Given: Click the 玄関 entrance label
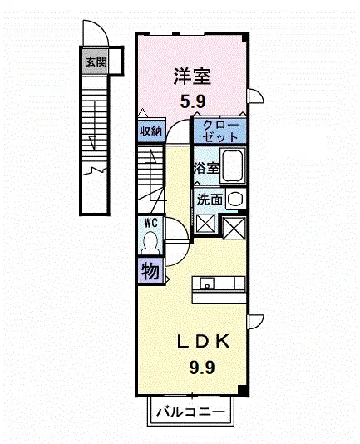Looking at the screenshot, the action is [96, 62].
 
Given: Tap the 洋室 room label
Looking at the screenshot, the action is [192, 76].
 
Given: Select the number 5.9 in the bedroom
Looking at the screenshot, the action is [193, 101].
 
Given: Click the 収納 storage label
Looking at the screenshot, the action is [151, 131].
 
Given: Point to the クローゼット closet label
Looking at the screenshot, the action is [220, 131].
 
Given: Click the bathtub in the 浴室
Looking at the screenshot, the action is [233, 166].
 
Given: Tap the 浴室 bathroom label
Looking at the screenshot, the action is [206, 168].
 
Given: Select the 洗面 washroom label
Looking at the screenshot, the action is [210, 200].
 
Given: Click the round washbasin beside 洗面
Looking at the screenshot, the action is [235, 199].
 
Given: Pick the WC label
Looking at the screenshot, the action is [151, 223].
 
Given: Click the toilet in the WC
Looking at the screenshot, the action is [150, 243].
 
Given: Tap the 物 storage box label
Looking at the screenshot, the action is [150, 271].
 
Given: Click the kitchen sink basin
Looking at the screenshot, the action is [207, 283].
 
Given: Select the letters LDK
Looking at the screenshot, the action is [204, 342].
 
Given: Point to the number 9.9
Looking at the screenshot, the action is [202, 368].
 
